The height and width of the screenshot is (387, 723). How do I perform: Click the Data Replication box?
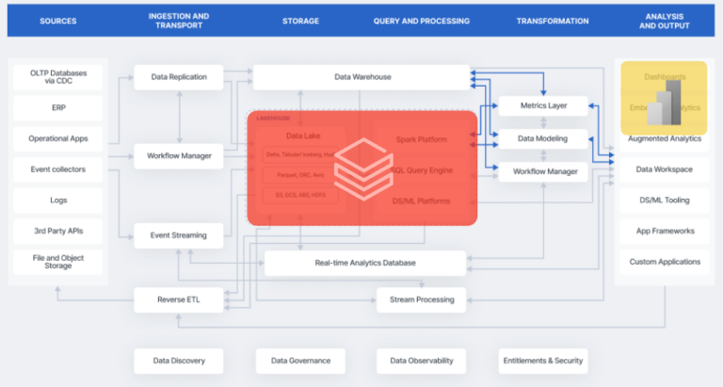click(x=179, y=77)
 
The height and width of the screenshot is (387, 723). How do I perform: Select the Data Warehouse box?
click(x=361, y=77)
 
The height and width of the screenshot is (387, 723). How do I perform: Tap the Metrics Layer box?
click(x=542, y=107)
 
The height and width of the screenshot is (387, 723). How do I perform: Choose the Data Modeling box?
click(x=542, y=139)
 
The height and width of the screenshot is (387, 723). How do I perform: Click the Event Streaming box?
click(x=179, y=235)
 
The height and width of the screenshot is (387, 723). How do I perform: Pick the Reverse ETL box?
click(x=179, y=300)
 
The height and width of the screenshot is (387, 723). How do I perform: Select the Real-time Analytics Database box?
click(x=365, y=264)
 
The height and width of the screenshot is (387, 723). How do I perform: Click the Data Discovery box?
click(x=179, y=360)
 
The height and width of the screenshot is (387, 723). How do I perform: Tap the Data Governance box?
click(x=300, y=360)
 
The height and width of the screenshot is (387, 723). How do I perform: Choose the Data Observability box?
click(x=421, y=360)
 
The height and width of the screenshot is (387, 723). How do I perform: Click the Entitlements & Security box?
click(x=542, y=360)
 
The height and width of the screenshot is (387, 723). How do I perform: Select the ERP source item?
click(x=58, y=108)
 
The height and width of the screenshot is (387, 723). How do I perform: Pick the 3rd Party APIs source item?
click(x=58, y=231)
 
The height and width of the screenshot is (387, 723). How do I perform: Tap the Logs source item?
click(x=58, y=201)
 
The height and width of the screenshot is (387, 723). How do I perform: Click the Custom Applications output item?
click(x=665, y=262)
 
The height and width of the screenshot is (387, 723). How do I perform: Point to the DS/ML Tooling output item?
click(x=665, y=200)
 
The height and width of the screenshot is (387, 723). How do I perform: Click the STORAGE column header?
click(x=300, y=21)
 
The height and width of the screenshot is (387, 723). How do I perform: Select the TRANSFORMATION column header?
click(x=553, y=21)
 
